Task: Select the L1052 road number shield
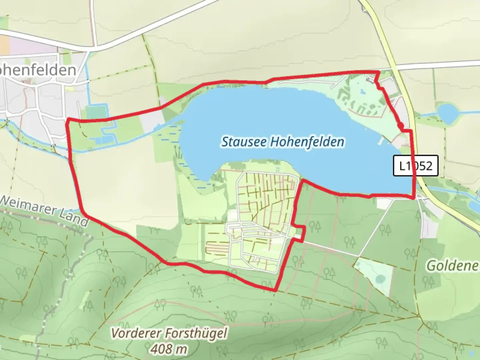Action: coord(415,165)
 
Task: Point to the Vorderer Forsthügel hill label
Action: coord(169,333)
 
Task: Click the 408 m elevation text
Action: coord(168,349)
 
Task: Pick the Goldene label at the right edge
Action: coord(452,266)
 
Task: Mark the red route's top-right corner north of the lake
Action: coord(378,71)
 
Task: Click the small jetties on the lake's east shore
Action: coord(381,141)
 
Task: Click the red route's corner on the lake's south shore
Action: coord(303,181)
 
